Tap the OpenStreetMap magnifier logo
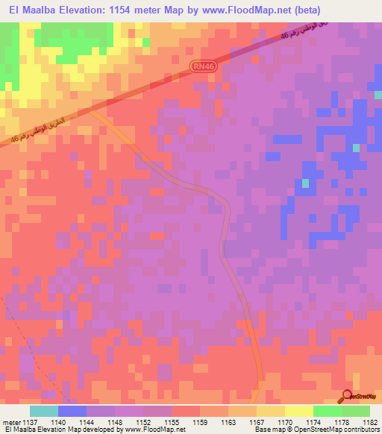[348, 396]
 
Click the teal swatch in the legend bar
[44, 412]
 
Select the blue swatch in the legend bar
[72, 412]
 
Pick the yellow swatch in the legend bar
[298, 412]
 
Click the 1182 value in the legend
[369, 422]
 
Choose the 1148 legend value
[116, 422]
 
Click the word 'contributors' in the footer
[361, 430]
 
